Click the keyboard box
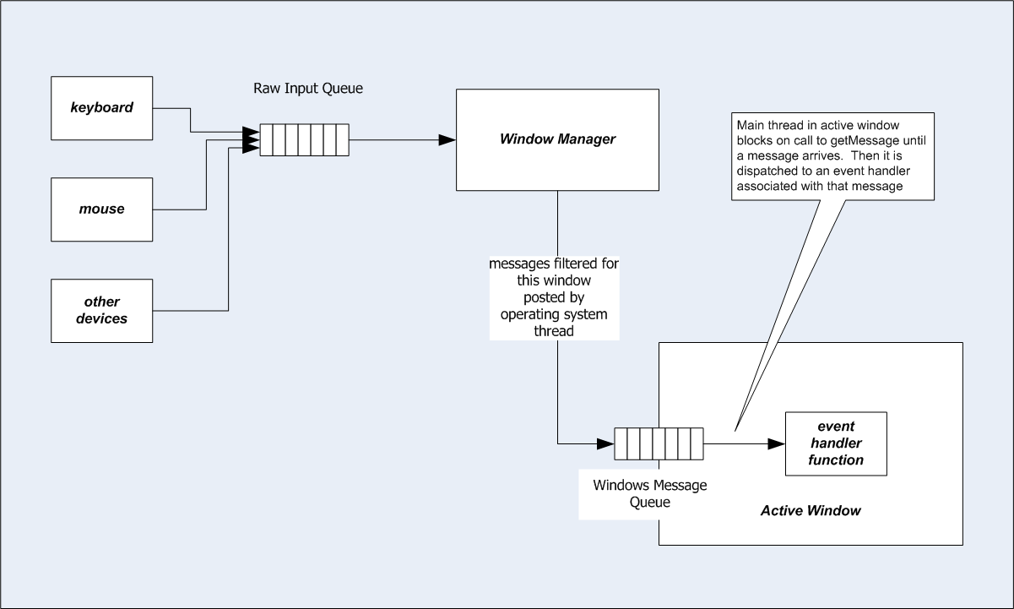pyautogui.click(x=102, y=108)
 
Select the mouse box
pyautogui.click(x=102, y=209)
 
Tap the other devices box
pyautogui.click(x=102, y=311)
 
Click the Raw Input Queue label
pyautogui.click(x=308, y=89)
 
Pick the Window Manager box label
pyautogui.click(x=557, y=139)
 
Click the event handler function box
pyautogui.click(x=836, y=443)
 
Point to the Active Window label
pyautogui.click(x=811, y=511)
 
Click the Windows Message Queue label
pyautogui.click(x=649, y=493)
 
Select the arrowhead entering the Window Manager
pyautogui.click(x=447, y=140)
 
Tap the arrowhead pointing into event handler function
pyautogui.click(x=777, y=443)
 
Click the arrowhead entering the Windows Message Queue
pyautogui.click(x=605, y=443)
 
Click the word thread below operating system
pyautogui.click(x=554, y=331)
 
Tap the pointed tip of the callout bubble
pyautogui.click(x=735, y=431)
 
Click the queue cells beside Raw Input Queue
pyautogui.click(x=304, y=140)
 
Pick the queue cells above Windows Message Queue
pyautogui.click(x=659, y=443)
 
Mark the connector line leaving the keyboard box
pyautogui.click(x=191, y=121)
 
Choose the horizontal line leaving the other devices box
pyautogui.click(x=191, y=311)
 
